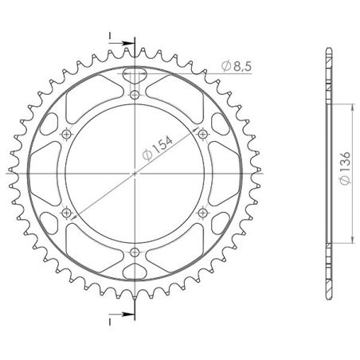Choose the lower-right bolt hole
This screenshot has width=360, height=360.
(202, 212)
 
